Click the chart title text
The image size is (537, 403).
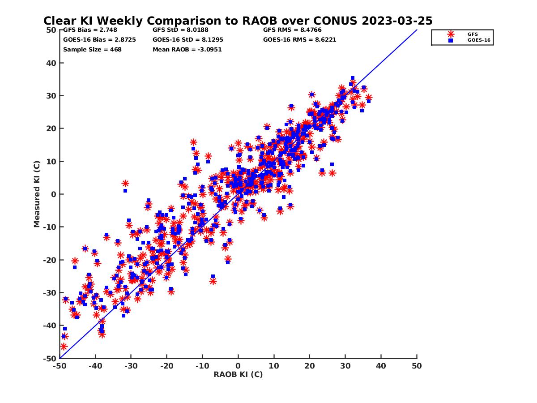[x=238, y=21]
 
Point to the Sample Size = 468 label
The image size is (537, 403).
[x=92, y=49]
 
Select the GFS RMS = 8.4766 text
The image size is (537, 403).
[x=292, y=30]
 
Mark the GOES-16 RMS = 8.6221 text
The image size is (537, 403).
[x=299, y=39]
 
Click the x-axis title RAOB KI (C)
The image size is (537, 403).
[x=238, y=374]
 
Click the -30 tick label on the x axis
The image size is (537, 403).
[x=131, y=366]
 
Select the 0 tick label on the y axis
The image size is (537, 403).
[x=53, y=194]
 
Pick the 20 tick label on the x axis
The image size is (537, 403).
[x=310, y=366]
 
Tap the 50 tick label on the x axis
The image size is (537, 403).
[x=417, y=366]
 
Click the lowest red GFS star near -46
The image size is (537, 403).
[x=64, y=346]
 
